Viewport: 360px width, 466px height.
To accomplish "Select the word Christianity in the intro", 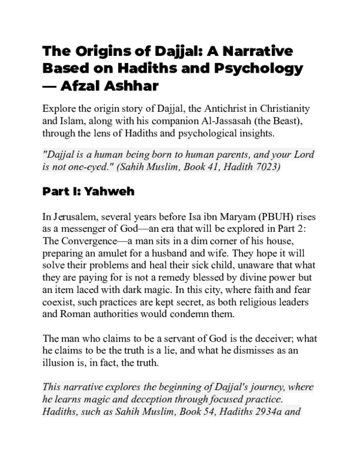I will point(280,108).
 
